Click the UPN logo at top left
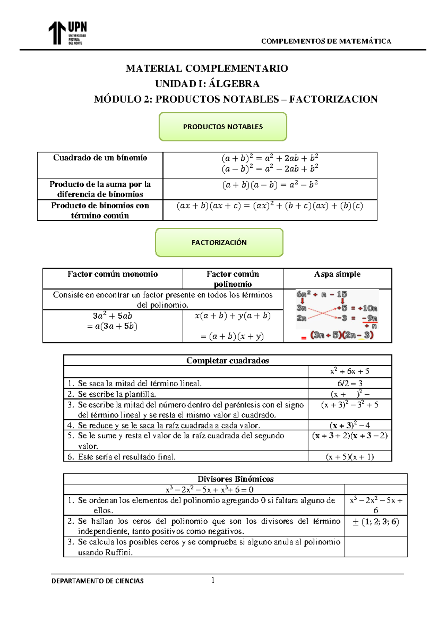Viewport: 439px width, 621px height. click(x=68, y=33)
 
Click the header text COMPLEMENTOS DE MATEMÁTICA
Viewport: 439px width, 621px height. click(x=326, y=41)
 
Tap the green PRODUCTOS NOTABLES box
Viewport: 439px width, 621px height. click(x=223, y=127)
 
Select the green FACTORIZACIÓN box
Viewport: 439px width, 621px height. click(x=219, y=242)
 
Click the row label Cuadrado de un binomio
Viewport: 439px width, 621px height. click(x=100, y=158)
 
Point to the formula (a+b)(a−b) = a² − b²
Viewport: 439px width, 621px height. click(x=270, y=185)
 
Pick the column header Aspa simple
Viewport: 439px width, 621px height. click(x=337, y=274)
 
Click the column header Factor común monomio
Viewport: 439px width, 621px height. click(x=112, y=274)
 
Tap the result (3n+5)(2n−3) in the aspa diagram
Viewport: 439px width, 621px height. click(x=342, y=335)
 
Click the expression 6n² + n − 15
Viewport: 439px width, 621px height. click(x=322, y=294)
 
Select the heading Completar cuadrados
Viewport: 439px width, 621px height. click(x=227, y=360)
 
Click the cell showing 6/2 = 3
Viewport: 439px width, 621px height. click(x=350, y=383)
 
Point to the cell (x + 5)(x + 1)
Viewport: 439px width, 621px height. click(x=350, y=457)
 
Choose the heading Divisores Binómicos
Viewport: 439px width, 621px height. click(x=235, y=479)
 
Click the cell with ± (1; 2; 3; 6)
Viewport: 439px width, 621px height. click(x=375, y=522)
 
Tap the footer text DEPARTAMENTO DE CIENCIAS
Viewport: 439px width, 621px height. click(x=97, y=581)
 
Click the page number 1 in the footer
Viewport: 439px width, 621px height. click(x=213, y=580)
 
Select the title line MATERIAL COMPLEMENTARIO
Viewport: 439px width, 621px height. click(x=207, y=68)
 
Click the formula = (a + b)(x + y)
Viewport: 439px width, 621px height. click(x=232, y=336)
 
